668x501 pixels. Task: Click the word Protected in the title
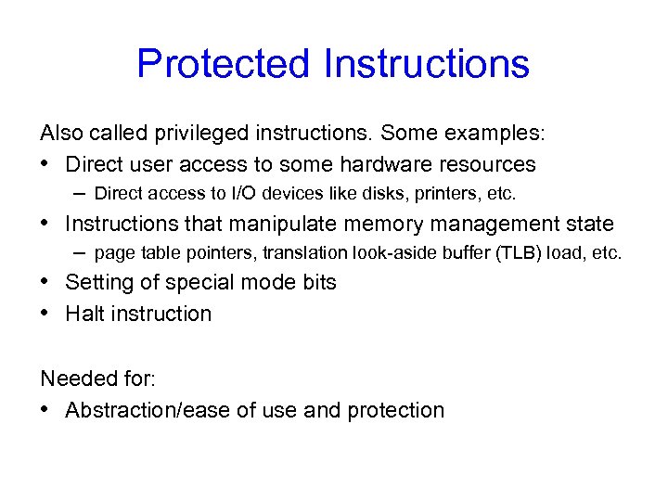coord(224,64)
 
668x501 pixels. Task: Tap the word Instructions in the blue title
coord(427,64)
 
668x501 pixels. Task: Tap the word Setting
coord(96,282)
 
